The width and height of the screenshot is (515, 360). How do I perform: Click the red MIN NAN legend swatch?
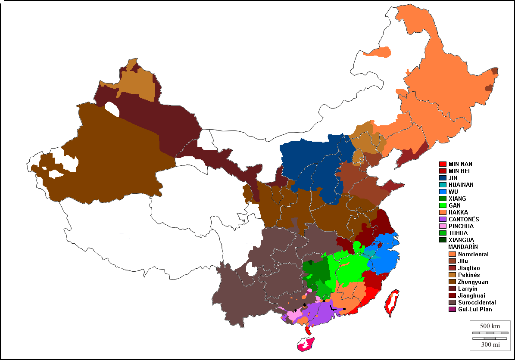click(442, 164)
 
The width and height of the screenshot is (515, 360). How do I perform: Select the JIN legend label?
click(453, 178)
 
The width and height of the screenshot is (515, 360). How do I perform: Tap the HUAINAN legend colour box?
click(442, 185)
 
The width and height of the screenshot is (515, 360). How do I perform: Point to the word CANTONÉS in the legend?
click(464, 219)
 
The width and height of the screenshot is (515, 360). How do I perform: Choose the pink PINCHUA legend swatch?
click(442, 226)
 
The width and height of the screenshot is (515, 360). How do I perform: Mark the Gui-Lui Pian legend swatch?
click(452, 309)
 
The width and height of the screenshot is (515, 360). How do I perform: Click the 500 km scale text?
click(490, 326)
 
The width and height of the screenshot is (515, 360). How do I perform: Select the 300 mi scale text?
click(490, 344)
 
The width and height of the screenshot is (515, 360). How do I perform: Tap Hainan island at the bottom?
click(306, 344)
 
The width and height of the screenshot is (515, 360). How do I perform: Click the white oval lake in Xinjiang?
click(112, 109)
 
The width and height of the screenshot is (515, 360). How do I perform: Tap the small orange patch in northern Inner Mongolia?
click(378, 53)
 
